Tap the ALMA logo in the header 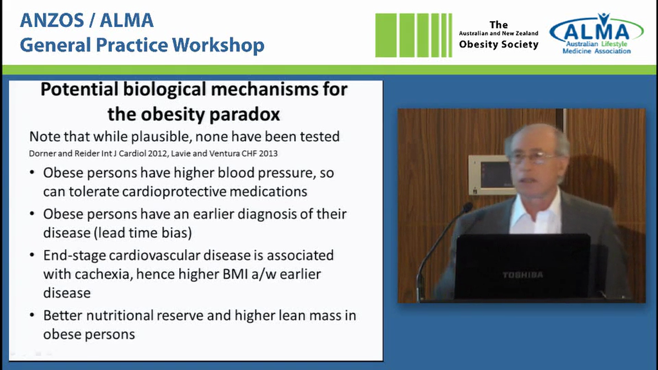pos(596,34)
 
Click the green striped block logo pos(413,35)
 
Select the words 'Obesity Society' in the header pos(498,44)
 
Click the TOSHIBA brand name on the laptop pos(522,275)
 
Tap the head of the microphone pos(467,208)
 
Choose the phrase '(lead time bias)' pos(143,232)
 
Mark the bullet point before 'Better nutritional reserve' pos(33,316)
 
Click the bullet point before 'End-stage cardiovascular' pos(33,255)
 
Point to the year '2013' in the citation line pos(269,153)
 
